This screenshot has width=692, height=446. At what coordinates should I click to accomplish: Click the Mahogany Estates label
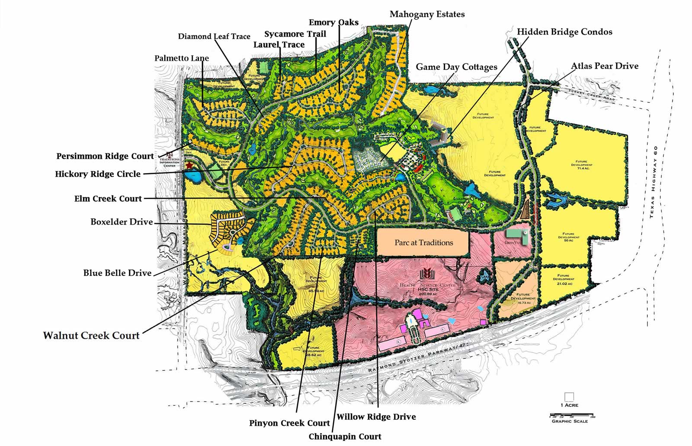[x=427, y=14]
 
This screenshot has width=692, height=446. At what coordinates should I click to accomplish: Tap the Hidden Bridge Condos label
[x=564, y=32]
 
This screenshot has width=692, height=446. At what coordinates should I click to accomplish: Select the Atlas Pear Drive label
[x=604, y=66]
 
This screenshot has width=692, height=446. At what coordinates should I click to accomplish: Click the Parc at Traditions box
[x=423, y=243]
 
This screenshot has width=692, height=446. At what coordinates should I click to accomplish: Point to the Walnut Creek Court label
[x=91, y=335]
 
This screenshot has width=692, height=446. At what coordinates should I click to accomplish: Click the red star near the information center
[x=189, y=165]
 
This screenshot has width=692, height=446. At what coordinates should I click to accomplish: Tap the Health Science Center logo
[x=426, y=274]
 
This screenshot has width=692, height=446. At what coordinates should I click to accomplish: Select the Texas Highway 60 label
[x=655, y=182]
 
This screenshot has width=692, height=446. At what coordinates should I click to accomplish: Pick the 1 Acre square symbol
[x=569, y=397]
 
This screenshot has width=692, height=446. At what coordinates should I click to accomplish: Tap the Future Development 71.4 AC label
[x=581, y=165]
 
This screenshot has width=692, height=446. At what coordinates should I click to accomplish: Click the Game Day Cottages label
[x=456, y=67]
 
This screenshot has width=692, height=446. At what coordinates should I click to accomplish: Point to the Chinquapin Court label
[x=345, y=437]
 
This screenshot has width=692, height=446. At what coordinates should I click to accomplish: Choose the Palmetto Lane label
[x=182, y=58]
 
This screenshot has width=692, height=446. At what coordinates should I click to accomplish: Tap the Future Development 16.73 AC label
[x=522, y=299]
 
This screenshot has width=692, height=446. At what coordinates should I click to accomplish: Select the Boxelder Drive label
[x=122, y=222]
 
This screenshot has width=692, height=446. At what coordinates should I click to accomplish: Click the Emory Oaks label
[x=333, y=22]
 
